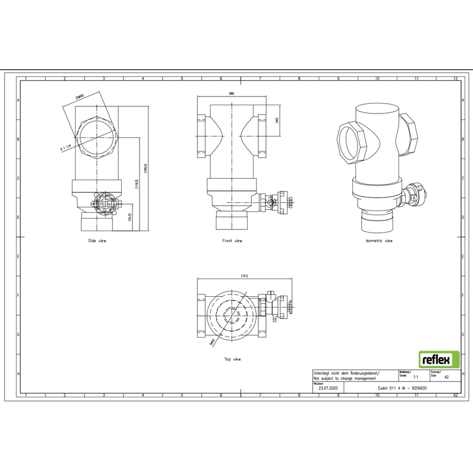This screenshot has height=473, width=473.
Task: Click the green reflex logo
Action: pyautogui.click(x=439, y=359)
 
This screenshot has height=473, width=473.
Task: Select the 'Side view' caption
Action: pyautogui.click(x=97, y=241)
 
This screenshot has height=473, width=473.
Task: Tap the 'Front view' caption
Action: pyautogui.click(x=232, y=241)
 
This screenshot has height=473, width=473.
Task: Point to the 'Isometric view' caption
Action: pyautogui.click(x=378, y=241)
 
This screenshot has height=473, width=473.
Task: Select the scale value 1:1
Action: pyautogui.click(x=416, y=376)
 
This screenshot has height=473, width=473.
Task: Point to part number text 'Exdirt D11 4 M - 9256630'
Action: pyautogui.click(x=402, y=388)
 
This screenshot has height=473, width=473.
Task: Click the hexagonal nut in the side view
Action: pyautogui.click(x=96, y=134)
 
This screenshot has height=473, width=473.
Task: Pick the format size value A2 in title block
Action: pyautogui.click(x=446, y=376)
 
